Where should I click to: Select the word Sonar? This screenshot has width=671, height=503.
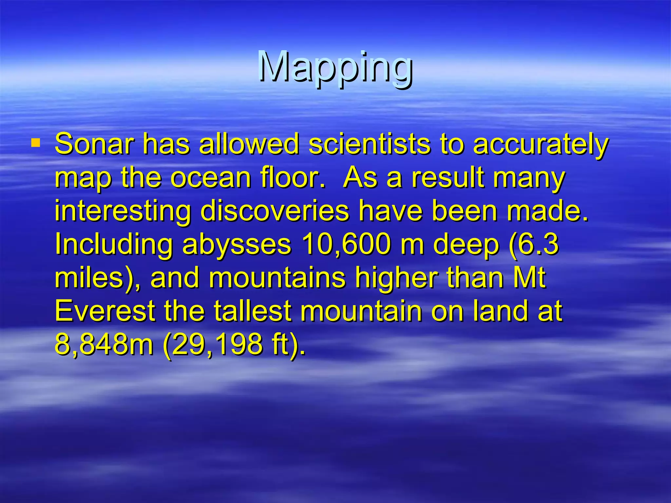94,144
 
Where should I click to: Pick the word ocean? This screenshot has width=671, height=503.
210,178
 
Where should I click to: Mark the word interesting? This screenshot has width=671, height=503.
123,212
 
